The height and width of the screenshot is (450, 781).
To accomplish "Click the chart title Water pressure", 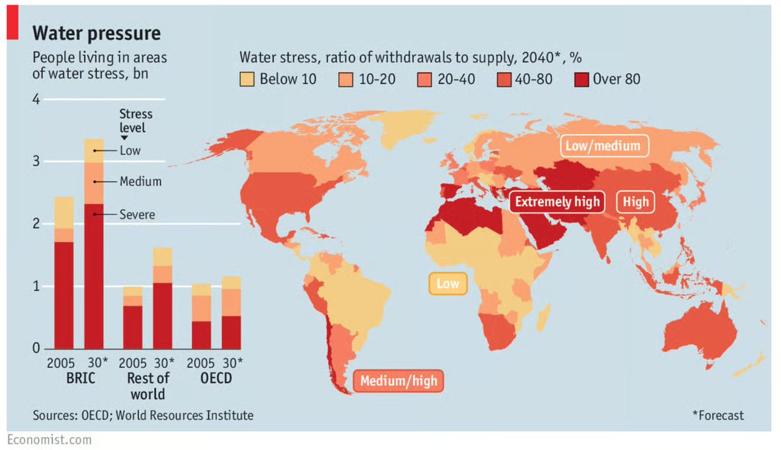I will pos(96,33).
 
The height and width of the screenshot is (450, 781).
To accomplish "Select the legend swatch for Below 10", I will pos(247,79).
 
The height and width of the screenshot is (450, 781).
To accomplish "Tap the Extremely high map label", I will pos(557,201).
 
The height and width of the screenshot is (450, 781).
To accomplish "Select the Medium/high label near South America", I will pos(398,381).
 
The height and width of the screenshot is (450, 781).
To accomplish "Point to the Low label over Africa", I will pos(447,284).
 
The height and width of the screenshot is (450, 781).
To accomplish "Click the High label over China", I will pos(635,202).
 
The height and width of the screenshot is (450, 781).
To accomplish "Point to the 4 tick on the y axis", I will pos(36,100).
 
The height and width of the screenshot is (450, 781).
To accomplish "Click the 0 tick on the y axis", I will pos(36,348).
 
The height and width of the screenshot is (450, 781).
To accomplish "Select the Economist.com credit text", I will pos(49,440).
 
